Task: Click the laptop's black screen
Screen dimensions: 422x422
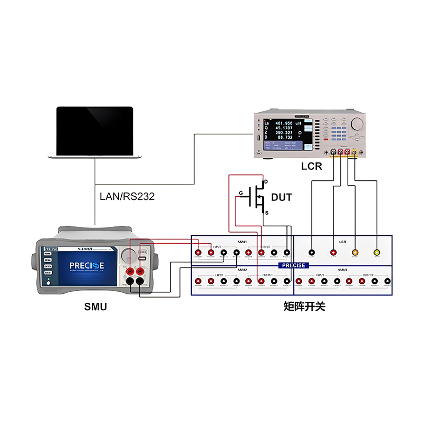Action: click(95, 130)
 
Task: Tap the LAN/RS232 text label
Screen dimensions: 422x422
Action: click(128, 197)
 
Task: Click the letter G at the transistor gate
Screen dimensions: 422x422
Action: click(241, 194)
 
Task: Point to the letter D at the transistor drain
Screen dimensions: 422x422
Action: click(266, 182)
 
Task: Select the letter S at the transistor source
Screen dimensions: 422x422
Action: click(266, 213)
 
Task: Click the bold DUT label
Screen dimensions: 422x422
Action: click(282, 198)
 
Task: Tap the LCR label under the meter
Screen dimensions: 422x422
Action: click(311, 167)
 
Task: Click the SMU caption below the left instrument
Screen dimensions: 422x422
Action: click(95, 306)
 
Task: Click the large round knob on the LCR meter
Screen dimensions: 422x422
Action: click(357, 124)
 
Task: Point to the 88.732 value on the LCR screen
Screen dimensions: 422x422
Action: click(285, 137)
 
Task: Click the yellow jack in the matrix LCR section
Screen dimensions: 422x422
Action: click(377, 253)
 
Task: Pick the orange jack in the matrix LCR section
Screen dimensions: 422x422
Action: click(355, 253)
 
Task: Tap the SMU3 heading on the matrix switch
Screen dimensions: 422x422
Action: click(342, 270)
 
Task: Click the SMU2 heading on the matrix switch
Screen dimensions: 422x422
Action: click(243, 270)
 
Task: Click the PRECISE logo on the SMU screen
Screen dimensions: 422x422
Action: click(87, 265)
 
